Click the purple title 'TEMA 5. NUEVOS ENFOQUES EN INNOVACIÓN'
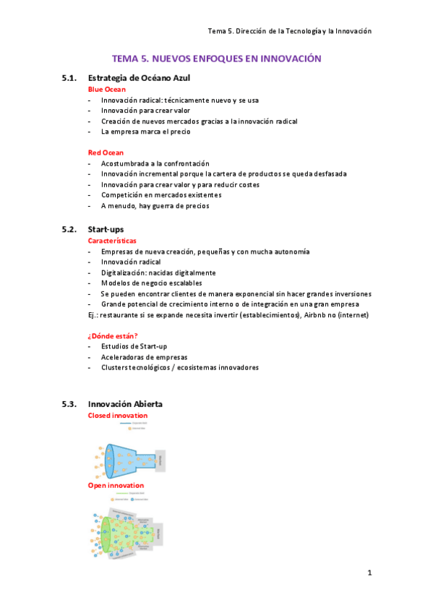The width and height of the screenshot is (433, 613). (x=216, y=58)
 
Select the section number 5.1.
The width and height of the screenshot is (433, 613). (x=69, y=77)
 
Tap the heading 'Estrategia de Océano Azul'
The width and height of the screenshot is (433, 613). (x=139, y=77)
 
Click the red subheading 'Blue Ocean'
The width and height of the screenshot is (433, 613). (x=106, y=89)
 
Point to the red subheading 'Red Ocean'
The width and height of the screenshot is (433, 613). (x=106, y=153)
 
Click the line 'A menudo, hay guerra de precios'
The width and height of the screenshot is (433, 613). (x=155, y=205)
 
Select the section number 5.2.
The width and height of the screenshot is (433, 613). (x=69, y=229)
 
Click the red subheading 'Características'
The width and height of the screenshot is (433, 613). (x=112, y=240)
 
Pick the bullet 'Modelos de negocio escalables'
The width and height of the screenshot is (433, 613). (x=151, y=283)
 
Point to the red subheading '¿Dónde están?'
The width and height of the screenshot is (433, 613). (x=113, y=335)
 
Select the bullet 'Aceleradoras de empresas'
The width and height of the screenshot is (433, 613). (x=144, y=356)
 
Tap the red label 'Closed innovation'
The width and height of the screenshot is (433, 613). (x=117, y=415)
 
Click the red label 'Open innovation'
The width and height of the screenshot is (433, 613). (x=116, y=485)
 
